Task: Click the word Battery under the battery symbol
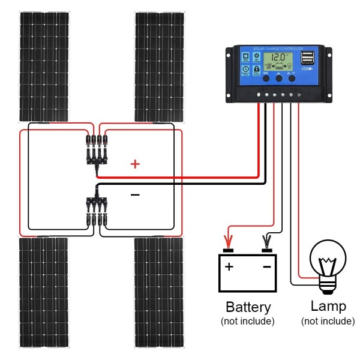[x=248, y=307]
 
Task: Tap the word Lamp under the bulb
[x=328, y=307]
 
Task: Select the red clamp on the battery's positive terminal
[x=227, y=243]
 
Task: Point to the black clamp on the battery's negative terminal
[x=266, y=243]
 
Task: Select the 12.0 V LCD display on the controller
[x=280, y=60]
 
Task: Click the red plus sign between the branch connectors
[x=135, y=164]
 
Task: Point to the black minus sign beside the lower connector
[x=135, y=194]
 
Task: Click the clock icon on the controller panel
[x=246, y=70]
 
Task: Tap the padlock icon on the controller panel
[x=257, y=70]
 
